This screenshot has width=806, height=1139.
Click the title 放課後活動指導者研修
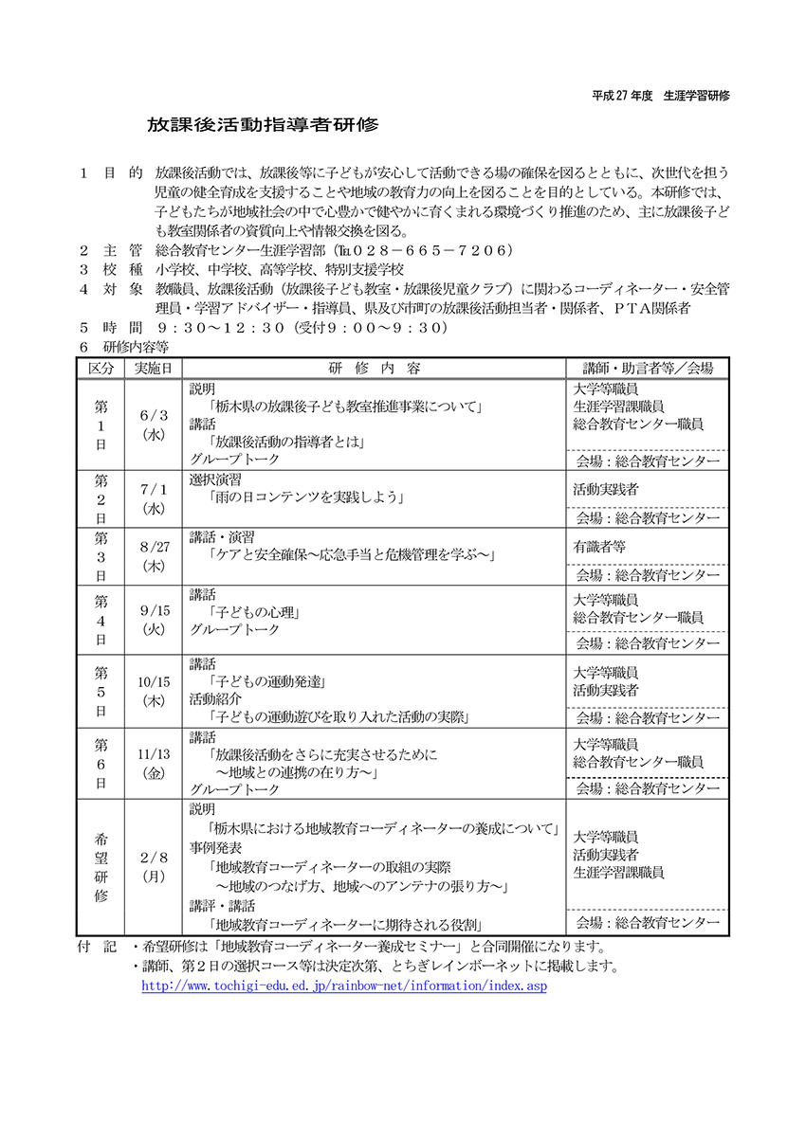[x=262, y=125]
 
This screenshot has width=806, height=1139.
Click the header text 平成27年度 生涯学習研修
[x=660, y=97]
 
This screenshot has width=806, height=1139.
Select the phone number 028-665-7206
[x=437, y=250]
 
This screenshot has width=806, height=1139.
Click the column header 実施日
[x=154, y=368]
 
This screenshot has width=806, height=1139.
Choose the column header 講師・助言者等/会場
[x=646, y=368]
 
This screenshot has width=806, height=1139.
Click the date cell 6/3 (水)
[x=154, y=425]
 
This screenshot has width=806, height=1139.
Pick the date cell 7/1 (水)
[x=154, y=498]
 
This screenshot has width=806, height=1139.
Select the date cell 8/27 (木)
[x=154, y=556]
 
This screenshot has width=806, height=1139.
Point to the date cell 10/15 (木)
[x=154, y=691]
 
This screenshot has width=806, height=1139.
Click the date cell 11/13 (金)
[x=154, y=764]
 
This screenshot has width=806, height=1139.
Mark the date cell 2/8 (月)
[x=154, y=866]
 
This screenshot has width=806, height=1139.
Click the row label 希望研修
[x=101, y=866]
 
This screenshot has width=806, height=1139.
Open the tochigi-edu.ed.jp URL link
[x=343, y=986]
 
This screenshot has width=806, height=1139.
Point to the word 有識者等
[x=599, y=547]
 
